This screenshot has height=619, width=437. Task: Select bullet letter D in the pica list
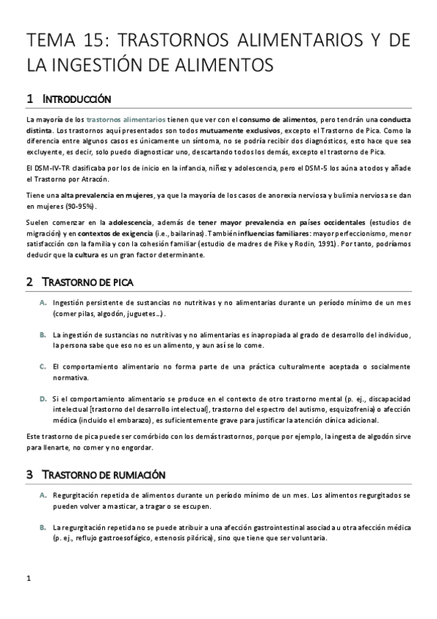(x=44, y=399)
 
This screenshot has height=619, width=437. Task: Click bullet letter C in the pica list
(x=44, y=366)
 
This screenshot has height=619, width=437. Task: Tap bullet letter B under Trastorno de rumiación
(x=44, y=527)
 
